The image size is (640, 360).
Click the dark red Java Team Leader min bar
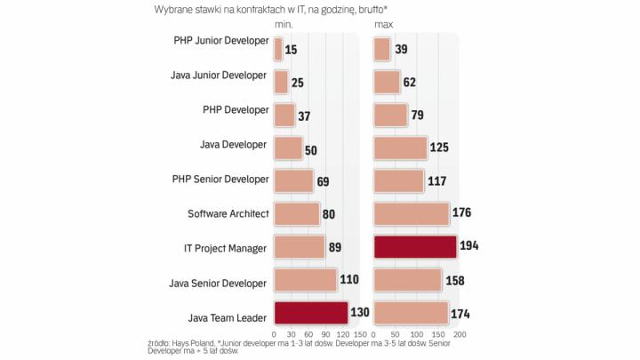311,314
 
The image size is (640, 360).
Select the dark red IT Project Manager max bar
415,247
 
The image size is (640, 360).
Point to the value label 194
470,247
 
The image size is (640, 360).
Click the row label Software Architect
228,213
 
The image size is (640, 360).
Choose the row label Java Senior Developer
219,283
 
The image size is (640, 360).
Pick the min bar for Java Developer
288,148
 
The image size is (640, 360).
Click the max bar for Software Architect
412,213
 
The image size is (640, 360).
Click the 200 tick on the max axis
460,334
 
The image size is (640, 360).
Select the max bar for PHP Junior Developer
382,48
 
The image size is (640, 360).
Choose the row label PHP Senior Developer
220,180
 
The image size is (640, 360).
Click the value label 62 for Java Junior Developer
411,82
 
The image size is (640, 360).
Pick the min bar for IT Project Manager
300,247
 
